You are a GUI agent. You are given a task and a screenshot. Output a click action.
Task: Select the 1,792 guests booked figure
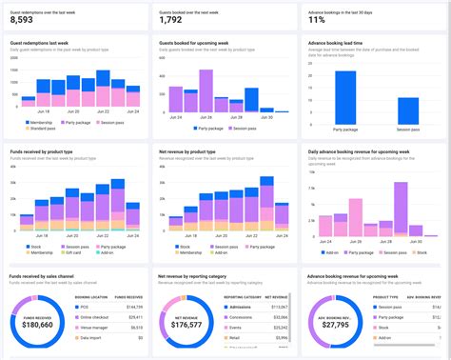point(171,19)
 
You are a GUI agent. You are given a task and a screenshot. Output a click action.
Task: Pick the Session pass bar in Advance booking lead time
point(408,110)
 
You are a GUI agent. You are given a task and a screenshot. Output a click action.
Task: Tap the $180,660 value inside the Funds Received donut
point(38,324)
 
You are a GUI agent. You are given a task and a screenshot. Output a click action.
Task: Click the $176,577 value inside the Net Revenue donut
point(187,324)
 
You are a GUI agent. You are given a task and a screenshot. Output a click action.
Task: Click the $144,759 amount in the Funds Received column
point(133,308)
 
